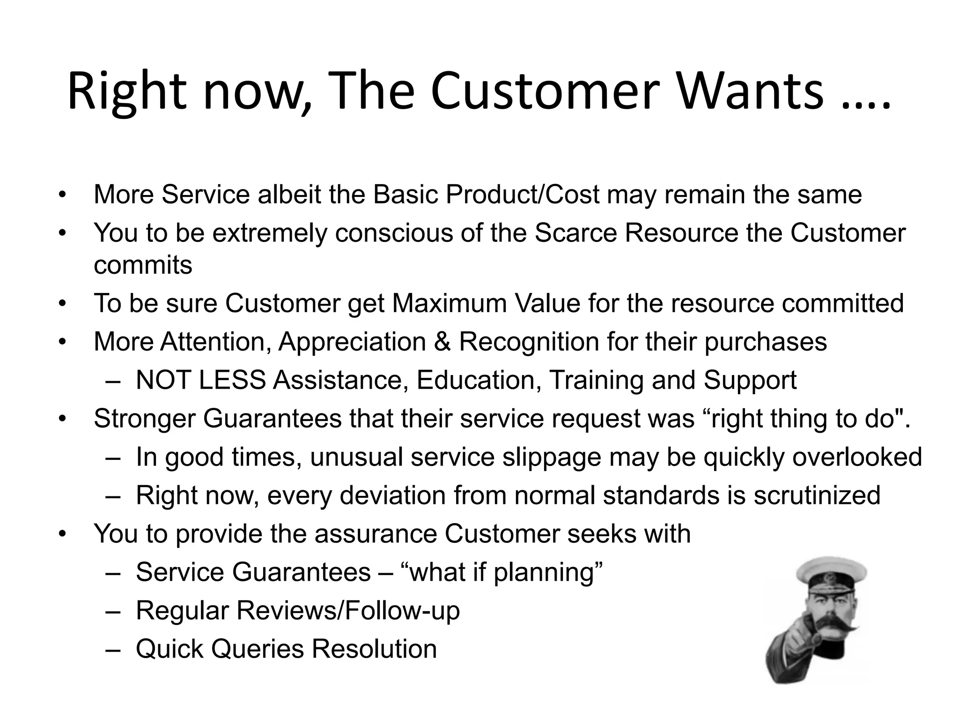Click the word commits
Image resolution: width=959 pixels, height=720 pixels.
point(143,265)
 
